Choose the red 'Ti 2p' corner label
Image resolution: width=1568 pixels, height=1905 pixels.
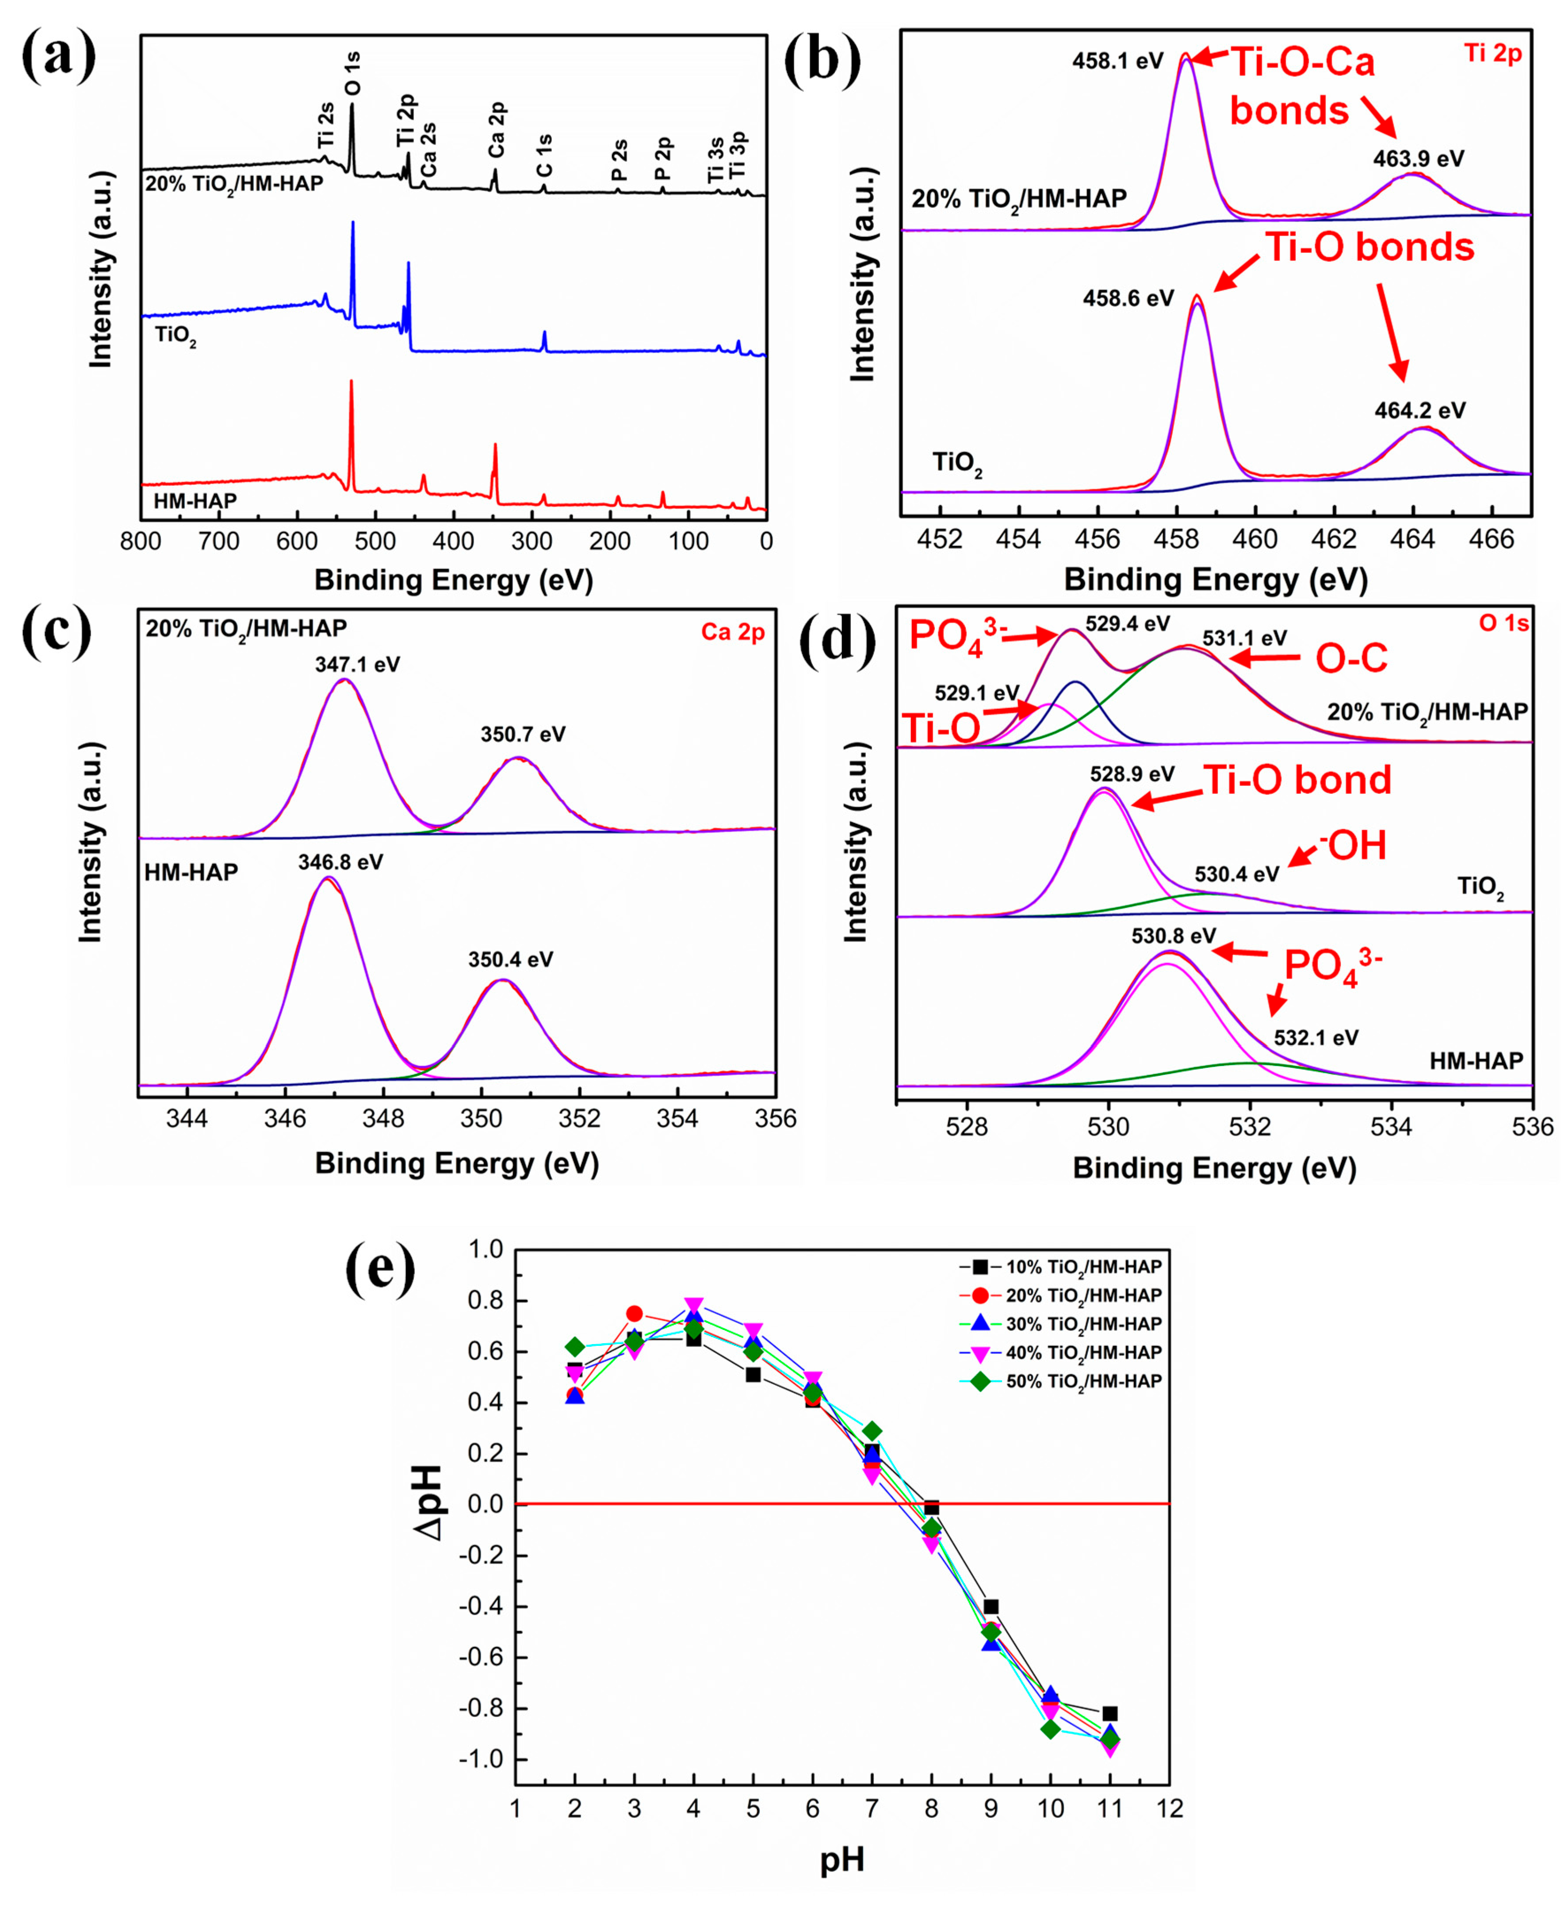click(1492, 54)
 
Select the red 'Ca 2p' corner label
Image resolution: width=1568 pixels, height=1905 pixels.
click(733, 632)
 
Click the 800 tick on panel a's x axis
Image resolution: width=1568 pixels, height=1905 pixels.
click(141, 542)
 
